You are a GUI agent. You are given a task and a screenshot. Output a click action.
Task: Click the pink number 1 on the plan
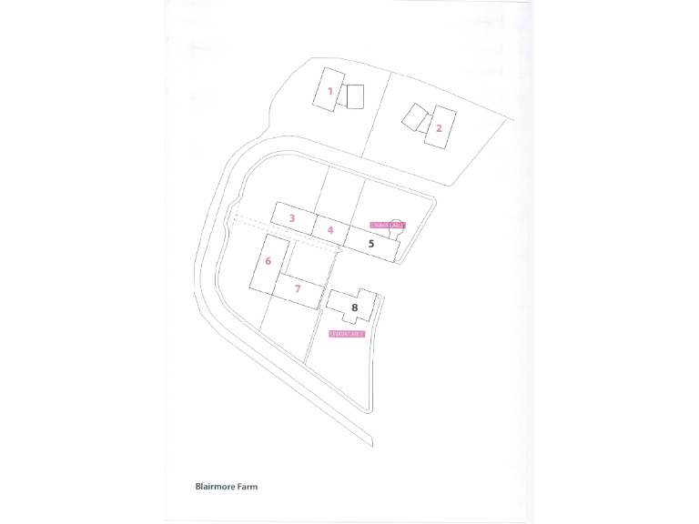[330, 91]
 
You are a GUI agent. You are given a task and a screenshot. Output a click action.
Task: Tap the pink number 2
[439, 128]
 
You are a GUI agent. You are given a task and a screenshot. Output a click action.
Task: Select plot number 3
[291, 217]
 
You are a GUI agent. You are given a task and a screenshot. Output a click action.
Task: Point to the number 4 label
[330, 230]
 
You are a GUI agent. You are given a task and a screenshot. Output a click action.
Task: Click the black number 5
[371, 244]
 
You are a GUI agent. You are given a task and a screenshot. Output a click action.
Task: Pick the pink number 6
[268, 261]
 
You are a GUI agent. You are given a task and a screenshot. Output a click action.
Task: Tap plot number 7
[298, 288]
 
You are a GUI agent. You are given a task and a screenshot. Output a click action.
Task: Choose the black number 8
[355, 308]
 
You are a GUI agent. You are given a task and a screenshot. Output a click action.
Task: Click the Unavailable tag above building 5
[386, 225]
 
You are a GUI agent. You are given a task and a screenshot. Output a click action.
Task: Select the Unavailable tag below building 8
[347, 334]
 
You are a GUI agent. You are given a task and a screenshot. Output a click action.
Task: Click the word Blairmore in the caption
[215, 487]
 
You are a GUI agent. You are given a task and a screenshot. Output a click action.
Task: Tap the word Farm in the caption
[248, 487]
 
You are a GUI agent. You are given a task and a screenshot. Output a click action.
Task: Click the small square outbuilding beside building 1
[355, 96]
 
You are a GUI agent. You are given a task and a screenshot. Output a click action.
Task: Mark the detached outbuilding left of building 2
[415, 117]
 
